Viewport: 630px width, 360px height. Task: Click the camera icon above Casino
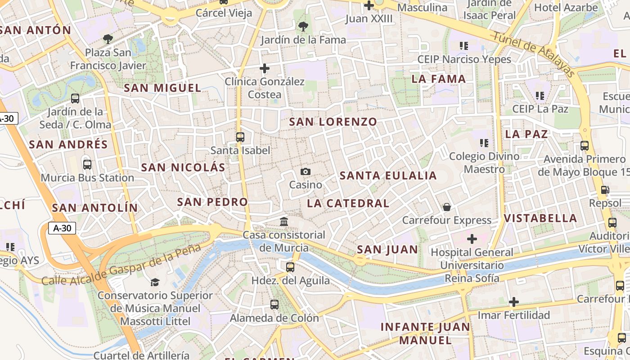click(305, 172)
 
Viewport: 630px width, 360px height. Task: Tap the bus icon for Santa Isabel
click(240, 137)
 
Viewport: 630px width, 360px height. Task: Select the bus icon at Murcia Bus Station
click(87, 165)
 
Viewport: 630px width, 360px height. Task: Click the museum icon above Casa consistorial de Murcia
click(284, 222)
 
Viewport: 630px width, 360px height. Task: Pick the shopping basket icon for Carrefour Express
click(447, 207)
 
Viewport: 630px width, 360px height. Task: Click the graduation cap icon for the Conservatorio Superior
click(155, 282)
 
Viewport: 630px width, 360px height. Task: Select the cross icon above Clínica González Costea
click(265, 69)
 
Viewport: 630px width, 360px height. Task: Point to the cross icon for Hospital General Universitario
click(472, 239)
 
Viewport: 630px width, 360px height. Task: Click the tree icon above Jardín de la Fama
click(303, 27)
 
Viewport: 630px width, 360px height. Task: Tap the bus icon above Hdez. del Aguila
click(290, 267)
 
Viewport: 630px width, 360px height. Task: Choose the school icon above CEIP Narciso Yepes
click(464, 46)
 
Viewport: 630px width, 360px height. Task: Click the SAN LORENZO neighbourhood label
click(333, 122)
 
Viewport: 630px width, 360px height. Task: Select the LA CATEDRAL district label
click(348, 203)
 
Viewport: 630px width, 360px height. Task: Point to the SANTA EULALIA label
click(388, 175)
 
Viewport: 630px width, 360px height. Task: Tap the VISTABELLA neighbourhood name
click(540, 218)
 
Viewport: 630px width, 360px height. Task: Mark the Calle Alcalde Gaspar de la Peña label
click(121, 267)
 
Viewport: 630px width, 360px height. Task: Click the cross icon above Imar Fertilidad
click(513, 302)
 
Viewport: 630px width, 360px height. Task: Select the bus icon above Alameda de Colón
click(274, 305)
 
